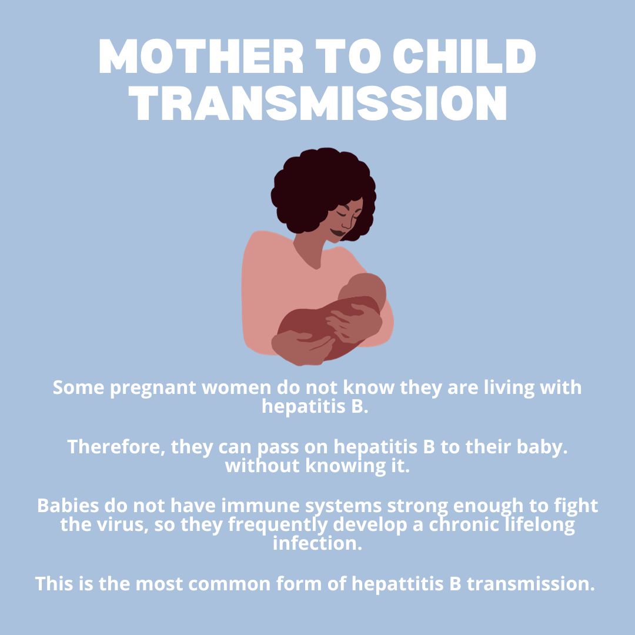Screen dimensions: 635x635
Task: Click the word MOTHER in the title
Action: (201, 56)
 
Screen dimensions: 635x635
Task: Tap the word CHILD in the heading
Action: (464, 56)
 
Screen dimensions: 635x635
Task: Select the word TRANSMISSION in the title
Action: (317, 103)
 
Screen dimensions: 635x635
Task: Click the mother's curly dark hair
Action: (322, 186)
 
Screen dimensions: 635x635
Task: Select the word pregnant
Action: (153, 389)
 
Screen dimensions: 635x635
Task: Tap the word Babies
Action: (68, 506)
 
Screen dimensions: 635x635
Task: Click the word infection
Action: (317, 543)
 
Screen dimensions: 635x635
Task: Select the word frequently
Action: (278, 525)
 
